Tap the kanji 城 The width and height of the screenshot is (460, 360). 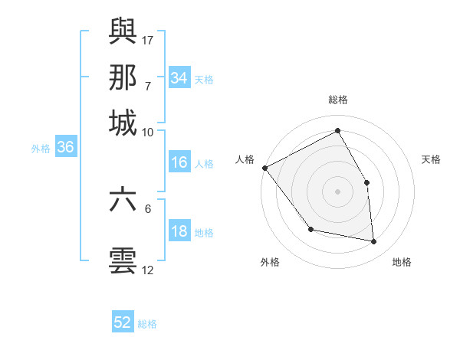pos(123,123)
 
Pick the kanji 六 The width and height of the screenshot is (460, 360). pos(123,200)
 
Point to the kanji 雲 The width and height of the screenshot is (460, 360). pos(123,261)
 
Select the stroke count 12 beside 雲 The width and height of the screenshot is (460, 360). pos(148,270)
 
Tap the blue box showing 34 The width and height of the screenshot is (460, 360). pos(179,78)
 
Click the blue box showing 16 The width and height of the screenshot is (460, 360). pos(179,162)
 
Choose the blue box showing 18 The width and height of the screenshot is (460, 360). pos(179,231)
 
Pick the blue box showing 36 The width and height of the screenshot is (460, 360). pos(65,148)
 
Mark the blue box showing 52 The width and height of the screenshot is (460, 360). pos(123,322)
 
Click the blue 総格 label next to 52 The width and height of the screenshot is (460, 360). pos(148,324)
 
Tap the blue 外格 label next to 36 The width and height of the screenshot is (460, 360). pos(41,149)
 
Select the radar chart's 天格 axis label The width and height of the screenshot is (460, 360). pos(431,159)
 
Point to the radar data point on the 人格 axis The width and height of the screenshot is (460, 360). pos(264,168)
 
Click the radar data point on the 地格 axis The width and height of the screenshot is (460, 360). pos(373,241)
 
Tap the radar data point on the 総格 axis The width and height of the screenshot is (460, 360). pos(337,130)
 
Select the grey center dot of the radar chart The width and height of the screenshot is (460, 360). pos(337,191)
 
